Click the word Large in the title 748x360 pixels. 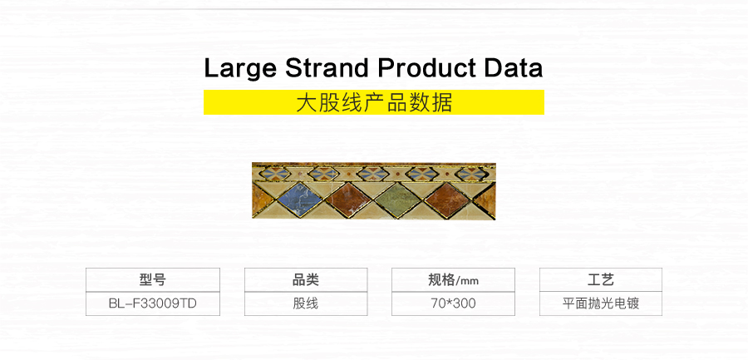coord(240,69)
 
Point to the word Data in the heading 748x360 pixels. coord(514,68)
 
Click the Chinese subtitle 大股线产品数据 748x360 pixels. coord(374,102)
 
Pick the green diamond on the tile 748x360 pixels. coord(397,200)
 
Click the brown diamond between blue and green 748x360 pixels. coord(349,199)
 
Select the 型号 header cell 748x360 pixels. coord(153,280)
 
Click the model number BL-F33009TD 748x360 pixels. coord(153,303)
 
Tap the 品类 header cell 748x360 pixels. coord(306,280)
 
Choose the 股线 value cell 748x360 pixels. coord(306,303)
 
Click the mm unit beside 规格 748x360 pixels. coord(469,281)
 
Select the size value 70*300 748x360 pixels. coord(453,303)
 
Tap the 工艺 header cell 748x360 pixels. coord(601,280)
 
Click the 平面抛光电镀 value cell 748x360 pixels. coord(601,303)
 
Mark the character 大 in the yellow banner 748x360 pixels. coord(305,102)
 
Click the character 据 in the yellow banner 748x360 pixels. coord(443,102)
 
